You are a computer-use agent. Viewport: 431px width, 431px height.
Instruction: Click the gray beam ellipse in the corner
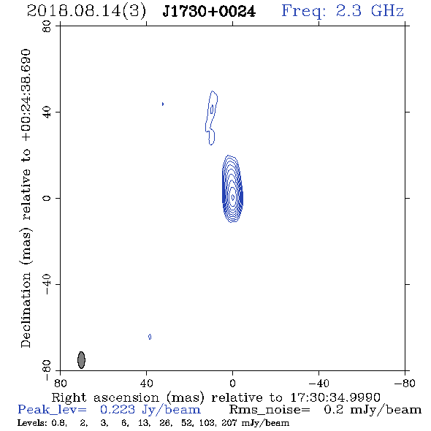(x=81, y=360)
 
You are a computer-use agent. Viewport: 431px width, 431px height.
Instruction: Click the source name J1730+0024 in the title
(x=209, y=11)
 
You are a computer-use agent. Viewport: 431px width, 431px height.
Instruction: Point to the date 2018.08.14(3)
(x=86, y=12)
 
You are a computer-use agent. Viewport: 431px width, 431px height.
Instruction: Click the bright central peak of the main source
(x=233, y=197)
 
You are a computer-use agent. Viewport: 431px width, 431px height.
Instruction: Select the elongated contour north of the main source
(x=211, y=118)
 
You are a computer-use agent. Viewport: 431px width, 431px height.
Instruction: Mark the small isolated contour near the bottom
(x=150, y=337)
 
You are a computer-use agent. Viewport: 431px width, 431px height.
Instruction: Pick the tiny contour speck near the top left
(x=163, y=104)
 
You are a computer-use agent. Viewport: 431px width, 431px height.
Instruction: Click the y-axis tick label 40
(x=47, y=112)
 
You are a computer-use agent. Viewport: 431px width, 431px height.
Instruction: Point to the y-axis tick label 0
(x=47, y=198)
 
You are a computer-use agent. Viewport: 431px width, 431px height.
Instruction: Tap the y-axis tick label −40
(x=47, y=284)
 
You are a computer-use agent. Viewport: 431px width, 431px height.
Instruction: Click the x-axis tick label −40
(x=319, y=384)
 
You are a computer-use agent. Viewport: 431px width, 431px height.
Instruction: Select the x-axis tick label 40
(x=147, y=384)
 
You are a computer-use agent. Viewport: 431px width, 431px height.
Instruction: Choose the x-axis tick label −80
(x=405, y=384)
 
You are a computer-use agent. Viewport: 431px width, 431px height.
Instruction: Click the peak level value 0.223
(x=118, y=410)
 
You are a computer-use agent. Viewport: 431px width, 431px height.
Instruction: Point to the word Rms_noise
(x=269, y=410)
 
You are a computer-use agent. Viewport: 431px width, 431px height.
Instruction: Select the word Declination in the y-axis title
(x=26, y=310)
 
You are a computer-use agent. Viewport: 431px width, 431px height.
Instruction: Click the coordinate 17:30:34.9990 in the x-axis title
(x=335, y=397)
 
